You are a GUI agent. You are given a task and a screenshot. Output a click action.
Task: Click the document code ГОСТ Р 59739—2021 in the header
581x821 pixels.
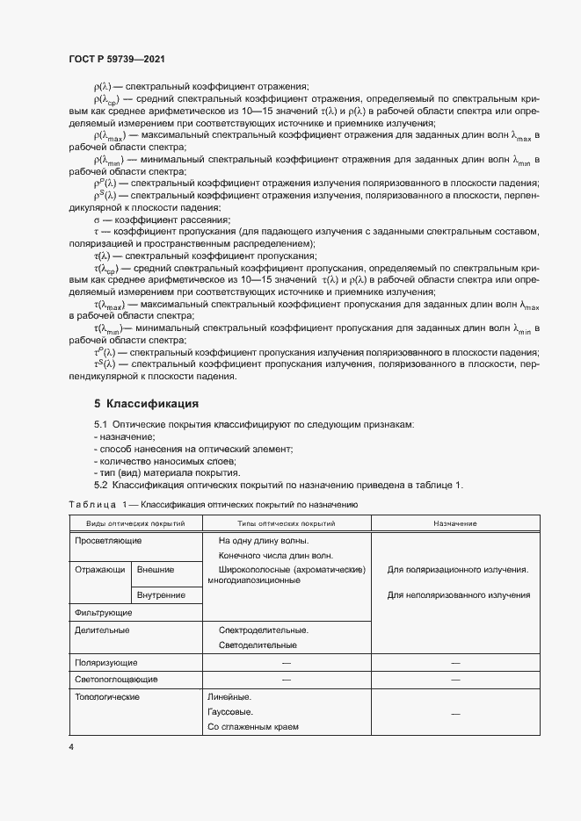click(116, 58)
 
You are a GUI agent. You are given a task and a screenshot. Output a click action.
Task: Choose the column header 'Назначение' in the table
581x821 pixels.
click(454, 523)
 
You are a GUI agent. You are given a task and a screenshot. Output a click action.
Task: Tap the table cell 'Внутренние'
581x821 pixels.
click(162, 595)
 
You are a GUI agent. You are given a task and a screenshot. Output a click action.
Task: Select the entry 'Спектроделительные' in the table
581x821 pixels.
click(263, 630)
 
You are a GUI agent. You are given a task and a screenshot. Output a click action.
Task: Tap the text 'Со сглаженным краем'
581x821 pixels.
click(253, 728)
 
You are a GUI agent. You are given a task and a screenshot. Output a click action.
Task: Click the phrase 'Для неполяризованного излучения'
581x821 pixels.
click(458, 595)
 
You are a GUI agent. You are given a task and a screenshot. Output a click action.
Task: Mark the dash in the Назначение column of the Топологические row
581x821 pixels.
click(455, 714)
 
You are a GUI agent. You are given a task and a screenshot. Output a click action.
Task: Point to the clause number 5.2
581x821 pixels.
click(100, 486)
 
